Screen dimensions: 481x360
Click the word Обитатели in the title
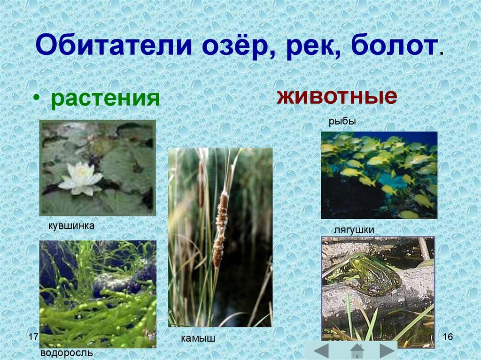[114, 46]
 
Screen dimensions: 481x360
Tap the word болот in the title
[394, 46]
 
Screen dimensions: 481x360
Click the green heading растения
[105, 99]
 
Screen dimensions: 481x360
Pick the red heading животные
[337, 96]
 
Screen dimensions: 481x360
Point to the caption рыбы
[342, 122]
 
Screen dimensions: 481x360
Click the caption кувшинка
[71, 226]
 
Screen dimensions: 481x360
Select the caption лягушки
[354, 230]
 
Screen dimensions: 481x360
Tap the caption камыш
[198, 338]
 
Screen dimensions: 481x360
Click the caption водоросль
[67, 352]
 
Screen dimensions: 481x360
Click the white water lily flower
[81, 179]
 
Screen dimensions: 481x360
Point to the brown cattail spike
[221, 229]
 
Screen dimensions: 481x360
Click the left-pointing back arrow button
[321, 351]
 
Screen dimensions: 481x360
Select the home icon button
[357, 351]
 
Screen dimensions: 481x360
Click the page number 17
[33, 337]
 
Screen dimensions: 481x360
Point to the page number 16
[448, 337]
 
